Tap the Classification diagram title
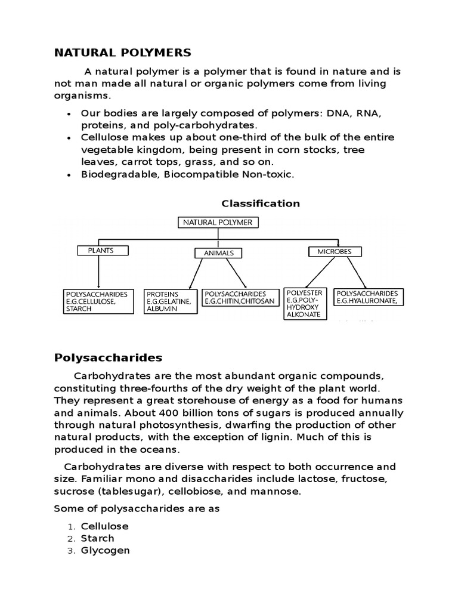click(x=261, y=203)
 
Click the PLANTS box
click(x=100, y=251)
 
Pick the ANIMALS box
click(x=219, y=253)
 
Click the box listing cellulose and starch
click(x=98, y=301)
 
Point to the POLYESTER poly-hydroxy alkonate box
click(x=305, y=303)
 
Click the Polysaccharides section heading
click(x=108, y=358)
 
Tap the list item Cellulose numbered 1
click(x=105, y=526)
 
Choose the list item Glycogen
click(x=105, y=550)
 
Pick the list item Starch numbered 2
click(x=97, y=538)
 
